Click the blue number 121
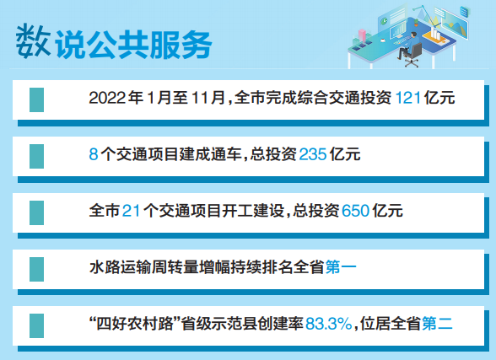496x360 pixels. tap(408, 98)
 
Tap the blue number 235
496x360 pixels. tap(312, 154)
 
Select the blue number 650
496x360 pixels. tap(356, 211)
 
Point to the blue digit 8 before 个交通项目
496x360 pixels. tap(94, 154)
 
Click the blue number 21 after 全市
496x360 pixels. tap(131, 211)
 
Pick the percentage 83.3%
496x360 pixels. tap(329, 324)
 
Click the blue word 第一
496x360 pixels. tap(341, 267)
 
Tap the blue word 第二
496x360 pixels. tap(437, 324)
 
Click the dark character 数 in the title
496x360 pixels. tap(33, 41)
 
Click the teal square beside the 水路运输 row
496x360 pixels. tap(37, 269)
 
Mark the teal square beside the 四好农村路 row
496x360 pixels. tap(37, 325)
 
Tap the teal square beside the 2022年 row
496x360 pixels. tap(37, 99)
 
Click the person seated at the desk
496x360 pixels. tap(408, 45)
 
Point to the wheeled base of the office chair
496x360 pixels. tap(412, 62)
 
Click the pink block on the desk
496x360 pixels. tap(362, 35)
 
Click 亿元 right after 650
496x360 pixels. tap(387, 211)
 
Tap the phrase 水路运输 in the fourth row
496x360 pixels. tap(120, 267)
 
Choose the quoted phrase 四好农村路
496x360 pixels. tap(135, 324)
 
